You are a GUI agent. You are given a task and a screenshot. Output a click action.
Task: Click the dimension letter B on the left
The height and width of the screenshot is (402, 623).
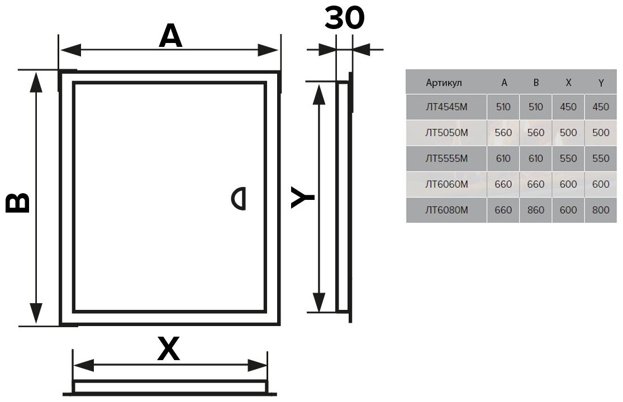18,203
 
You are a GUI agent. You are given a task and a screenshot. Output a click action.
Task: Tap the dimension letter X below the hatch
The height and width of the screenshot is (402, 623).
168,350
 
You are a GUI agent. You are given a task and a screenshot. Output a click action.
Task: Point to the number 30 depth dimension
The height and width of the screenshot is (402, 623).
344,18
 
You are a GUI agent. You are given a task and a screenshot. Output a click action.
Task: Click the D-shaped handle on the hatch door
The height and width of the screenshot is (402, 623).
240,198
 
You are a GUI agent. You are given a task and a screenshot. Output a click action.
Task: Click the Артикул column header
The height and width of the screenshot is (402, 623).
444,83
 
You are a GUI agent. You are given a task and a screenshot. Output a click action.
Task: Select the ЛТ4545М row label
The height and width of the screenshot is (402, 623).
446,107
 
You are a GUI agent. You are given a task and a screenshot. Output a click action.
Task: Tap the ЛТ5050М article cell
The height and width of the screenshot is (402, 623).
446,133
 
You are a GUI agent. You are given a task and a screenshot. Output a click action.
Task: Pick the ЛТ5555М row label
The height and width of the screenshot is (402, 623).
446,159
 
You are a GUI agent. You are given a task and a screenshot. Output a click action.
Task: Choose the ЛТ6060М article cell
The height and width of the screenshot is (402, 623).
446,184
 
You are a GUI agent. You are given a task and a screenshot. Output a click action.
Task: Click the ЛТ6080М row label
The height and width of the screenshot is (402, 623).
446,210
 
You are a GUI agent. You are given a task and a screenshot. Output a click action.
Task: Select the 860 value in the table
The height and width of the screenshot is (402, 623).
535,210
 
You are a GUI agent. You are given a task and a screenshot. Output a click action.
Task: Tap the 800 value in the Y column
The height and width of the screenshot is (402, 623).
601,210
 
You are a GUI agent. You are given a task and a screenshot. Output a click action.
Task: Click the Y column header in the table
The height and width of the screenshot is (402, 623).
601,83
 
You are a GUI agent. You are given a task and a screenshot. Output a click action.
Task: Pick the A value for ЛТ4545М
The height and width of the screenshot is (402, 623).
503,107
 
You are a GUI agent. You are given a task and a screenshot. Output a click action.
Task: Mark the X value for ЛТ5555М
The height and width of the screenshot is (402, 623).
568,159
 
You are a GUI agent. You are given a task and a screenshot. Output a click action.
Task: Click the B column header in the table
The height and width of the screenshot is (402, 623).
536,83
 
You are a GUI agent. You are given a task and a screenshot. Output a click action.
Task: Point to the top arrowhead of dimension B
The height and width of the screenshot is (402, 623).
36,81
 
